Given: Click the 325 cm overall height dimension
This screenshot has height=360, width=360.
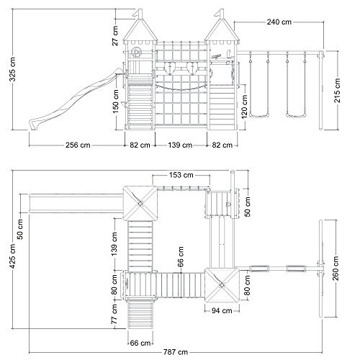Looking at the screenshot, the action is (x=13, y=69).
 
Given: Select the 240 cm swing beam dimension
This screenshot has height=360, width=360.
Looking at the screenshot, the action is (x=279, y=22).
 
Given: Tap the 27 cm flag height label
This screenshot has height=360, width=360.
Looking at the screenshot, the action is (x=115, y=35).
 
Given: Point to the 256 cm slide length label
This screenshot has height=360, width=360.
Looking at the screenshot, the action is (x=78, y=145).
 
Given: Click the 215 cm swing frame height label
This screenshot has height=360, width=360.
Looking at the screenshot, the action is (x=337, y=91).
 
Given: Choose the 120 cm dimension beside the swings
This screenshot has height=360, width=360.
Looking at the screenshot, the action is (x=245, y=107).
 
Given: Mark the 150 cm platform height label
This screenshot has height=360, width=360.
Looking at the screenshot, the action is (x=116, y=102).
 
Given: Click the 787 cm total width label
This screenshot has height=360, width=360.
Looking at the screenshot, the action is (x=176, y=352).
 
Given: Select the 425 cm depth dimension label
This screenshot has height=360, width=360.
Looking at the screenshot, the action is (x=12, y=256).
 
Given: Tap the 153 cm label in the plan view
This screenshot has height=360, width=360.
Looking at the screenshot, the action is (x=181, y=175).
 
